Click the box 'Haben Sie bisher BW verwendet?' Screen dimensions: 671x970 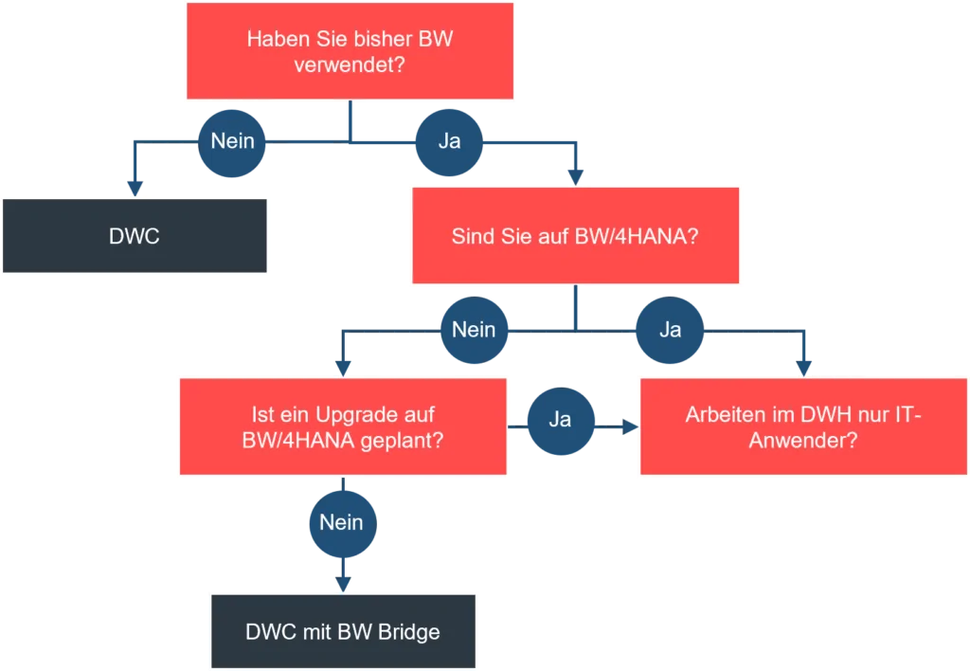pos(350,52)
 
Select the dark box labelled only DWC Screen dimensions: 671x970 pos(135,236)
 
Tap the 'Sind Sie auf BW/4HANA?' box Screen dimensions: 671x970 pos(575,236)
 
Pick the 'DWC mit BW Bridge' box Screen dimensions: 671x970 pos(342,631)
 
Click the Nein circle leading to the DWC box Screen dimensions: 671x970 pos(232,141)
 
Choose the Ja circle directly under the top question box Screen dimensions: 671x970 pos(449,141)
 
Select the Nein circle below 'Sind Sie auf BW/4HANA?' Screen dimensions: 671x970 pos(474,330)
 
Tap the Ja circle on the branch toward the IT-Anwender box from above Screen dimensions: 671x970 pos(670,330)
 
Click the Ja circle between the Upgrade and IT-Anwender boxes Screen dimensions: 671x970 pos(560,419)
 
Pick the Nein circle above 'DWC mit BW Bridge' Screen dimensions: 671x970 pos(341,522)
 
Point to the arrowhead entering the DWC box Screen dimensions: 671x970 pos(135,185)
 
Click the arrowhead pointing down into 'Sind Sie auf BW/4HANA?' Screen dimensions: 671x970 pos(575,176)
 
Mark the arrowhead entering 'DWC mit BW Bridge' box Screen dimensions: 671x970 pos(342,583)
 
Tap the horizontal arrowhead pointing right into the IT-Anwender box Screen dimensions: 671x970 pos(629,427)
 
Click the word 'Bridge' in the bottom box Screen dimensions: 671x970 pos(410,632)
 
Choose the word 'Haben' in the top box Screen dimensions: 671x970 pos(274,40)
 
